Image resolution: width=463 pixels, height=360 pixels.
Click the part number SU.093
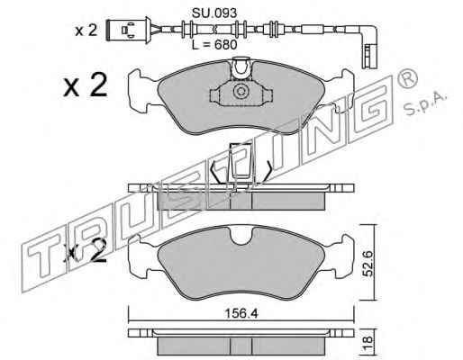pos(214,13)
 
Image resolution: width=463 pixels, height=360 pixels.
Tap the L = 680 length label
pos(214,45)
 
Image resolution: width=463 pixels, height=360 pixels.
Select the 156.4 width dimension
pos(241,314)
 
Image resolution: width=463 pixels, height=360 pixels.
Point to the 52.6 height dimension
pos(368,264)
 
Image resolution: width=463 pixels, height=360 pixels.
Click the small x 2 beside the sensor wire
pos(86,31)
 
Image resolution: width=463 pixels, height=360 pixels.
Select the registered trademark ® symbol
pos(407,77)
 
